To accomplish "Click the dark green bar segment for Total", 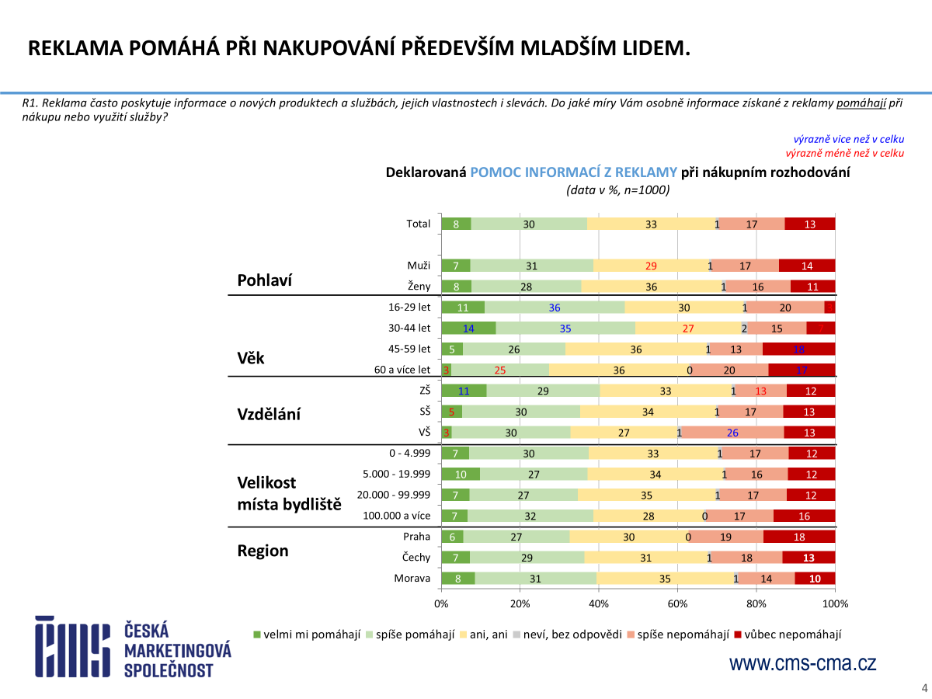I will click(456, 224).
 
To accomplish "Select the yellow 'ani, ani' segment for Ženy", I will click(652, 286).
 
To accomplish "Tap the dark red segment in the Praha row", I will click(799, 536).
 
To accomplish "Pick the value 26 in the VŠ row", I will click(732, 433).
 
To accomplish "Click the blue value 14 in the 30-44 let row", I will click(468, 328).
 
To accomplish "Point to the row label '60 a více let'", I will click(402, 370).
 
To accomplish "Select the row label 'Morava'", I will click(412, 578).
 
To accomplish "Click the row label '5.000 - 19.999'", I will click(396, 474).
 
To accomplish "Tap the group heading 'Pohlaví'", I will click(265, 280).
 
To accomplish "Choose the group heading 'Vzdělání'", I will click(269, 414).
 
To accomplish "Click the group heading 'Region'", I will click(263, 551).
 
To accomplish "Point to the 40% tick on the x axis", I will click(599, 603).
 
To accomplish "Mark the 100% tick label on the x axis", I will click(835, 603).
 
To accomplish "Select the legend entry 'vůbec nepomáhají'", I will click(793, 635).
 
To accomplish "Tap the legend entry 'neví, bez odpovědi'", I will click(572, 635).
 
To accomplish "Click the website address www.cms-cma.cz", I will click(802, 663).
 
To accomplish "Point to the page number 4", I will click(924, 687).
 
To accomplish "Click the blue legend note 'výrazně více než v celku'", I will click(849, 139).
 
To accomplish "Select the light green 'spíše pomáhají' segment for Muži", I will click(531, 266).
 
